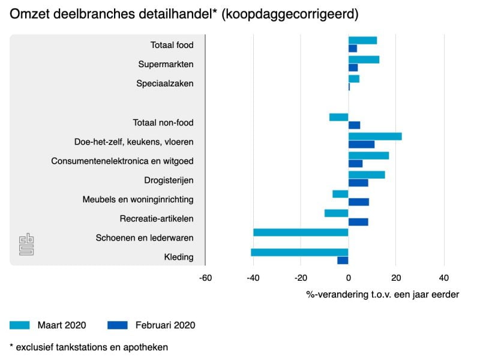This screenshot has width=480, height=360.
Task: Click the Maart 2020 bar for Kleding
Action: pos(299,252)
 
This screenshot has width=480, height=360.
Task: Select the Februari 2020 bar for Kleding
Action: pos(343,260)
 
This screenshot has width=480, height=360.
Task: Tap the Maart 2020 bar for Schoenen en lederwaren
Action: pos(301,232)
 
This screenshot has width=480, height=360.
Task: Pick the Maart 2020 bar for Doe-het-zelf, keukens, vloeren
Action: pos(375,136)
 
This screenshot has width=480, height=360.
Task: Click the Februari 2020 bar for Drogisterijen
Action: pos(358,183)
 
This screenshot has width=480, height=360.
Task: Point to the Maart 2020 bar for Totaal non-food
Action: pos(338,117)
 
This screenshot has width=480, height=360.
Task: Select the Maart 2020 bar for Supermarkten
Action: pos(364,59)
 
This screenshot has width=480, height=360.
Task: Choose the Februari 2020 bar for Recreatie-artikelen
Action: pos(358,222)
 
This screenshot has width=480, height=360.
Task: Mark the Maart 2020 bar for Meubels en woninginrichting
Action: pos(340,194)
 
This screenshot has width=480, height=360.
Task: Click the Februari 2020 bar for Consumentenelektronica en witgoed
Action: pos(355,164)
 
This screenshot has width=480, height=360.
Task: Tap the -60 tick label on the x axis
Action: pos(205,278)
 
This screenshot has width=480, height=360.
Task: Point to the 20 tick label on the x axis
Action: pos(396,278)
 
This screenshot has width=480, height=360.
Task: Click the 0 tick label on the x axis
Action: pos(349,278)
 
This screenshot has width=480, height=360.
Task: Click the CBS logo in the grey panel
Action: pos(26,244)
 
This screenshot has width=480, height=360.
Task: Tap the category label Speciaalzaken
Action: pos(165,83)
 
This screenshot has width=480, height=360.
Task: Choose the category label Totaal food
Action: pos(172,45)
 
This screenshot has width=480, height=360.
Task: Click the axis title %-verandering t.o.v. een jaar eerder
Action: pos(382,294)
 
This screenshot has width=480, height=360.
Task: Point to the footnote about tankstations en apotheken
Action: pos(89,347)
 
